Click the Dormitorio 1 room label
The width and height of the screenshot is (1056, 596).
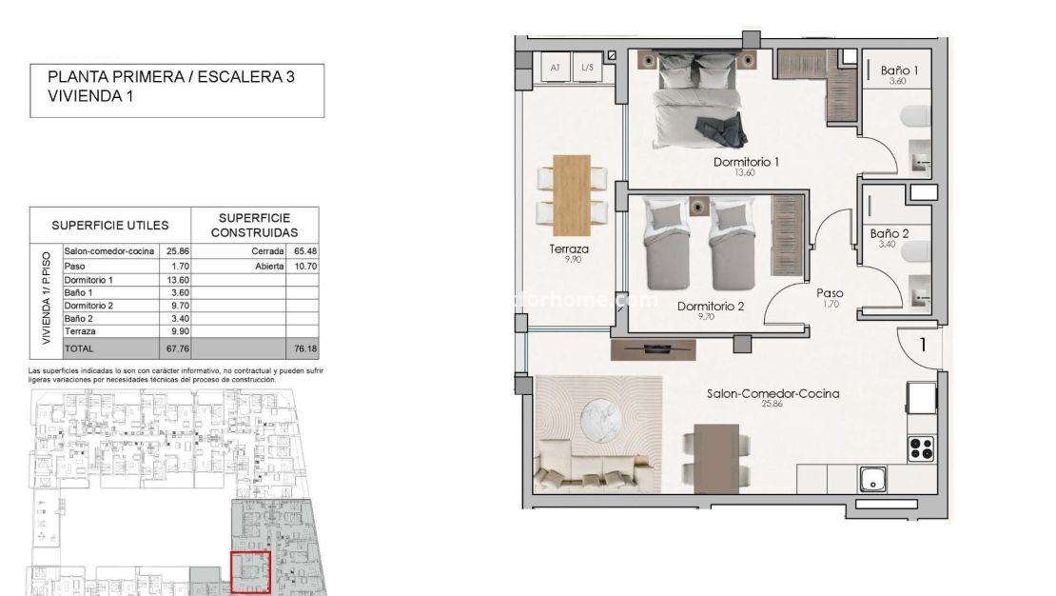pyautogui.click(x=746, y=162)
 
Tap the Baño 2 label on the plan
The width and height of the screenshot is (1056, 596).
pyautogui.click(x=890, y=233)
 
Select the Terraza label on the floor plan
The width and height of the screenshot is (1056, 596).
pyautogui.click(x=569, y=249)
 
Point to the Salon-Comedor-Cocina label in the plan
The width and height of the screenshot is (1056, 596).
pyautogui.click(x=772, y=392)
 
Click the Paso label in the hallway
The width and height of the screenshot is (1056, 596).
pyautogui.click(x=830, y=293)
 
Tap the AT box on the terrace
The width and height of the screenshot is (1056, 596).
pyautogui.click(x=556, y=68)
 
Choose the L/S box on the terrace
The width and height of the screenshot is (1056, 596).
pyautogui.click(x=587, y=68)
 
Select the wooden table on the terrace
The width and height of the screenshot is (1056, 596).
pyautogui.click(x=572, y=194)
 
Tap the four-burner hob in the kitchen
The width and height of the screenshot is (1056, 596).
pyautogui.click(x=922, y=446)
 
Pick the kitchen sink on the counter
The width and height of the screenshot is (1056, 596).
pyautogui.click(x=873, y=479)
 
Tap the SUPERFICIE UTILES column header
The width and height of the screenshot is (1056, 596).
pyautogui.click(x=109, y=226)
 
